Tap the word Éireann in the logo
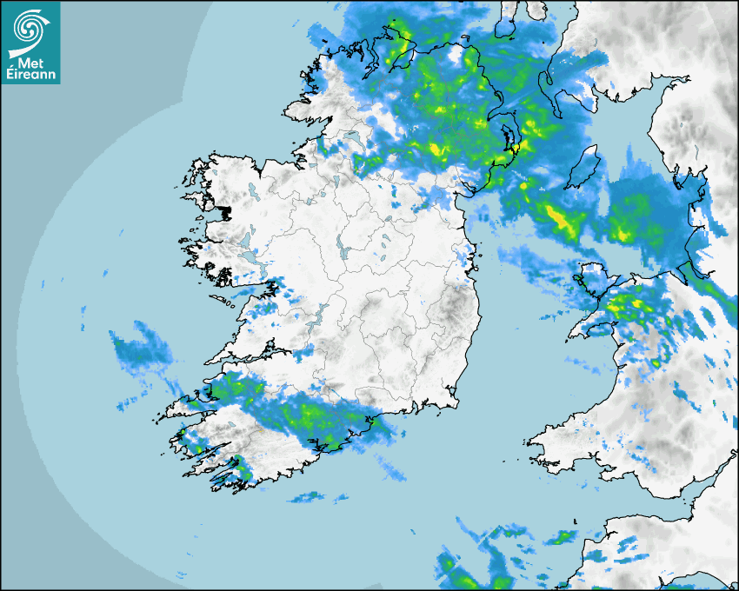31,76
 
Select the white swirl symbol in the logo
30,30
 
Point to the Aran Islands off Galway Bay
228,300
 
